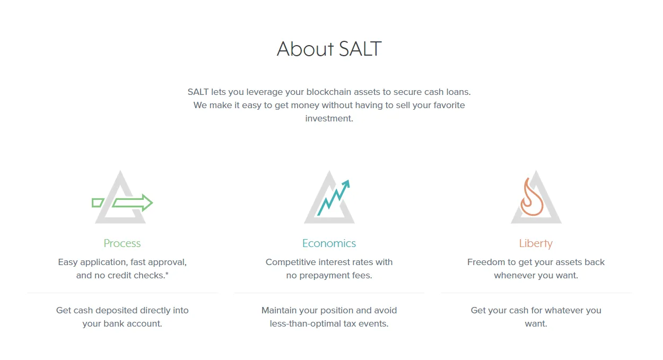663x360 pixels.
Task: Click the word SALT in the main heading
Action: coord(360,49)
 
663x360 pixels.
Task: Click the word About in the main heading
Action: coord(305,49)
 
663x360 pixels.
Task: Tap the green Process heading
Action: coord(122,243)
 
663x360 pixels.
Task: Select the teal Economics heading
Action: coord(329,243)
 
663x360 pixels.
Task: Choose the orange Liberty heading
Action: coord(536,244)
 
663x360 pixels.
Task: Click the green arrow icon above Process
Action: coord(133,203)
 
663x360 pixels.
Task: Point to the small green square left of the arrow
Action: coord(98,203)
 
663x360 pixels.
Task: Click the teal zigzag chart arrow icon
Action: coord(334,198)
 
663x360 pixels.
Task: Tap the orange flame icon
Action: coord(531,197)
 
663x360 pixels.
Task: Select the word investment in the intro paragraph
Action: coord(329,119)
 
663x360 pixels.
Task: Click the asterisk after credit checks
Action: coord(167,274)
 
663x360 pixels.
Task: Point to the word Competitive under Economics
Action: coord(290,262)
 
